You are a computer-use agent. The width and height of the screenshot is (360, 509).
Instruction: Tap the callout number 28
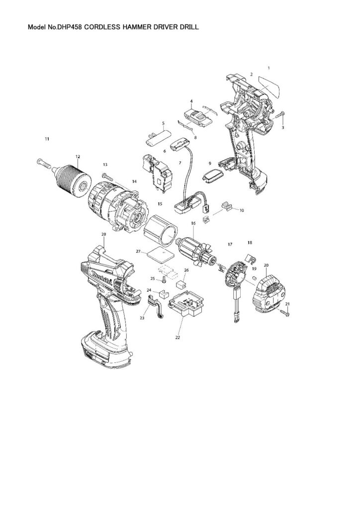tap(103, 234)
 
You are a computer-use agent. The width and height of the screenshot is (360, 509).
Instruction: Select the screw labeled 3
tap(278, 116)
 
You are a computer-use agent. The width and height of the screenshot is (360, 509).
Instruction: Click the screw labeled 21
tap(285, 312)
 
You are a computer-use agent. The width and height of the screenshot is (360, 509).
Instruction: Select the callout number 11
tap(47, 139)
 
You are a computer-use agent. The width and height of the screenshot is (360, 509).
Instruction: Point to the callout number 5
tap(163, 123)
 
